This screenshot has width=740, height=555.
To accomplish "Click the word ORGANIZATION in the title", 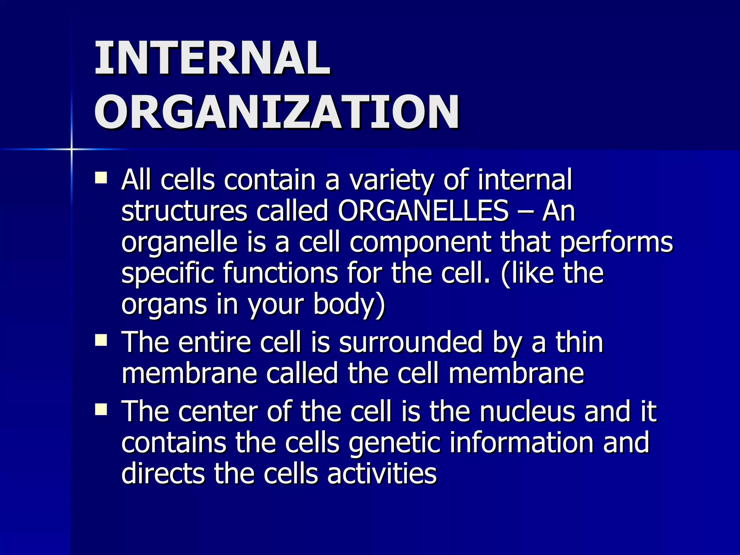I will click(277, 112).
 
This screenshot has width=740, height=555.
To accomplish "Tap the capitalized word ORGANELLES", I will click(423, 211).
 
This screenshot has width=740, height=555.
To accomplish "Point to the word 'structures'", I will click(184, 211).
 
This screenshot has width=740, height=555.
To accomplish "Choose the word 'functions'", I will click(280, 273).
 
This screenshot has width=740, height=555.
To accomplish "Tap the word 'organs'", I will click(164, 305).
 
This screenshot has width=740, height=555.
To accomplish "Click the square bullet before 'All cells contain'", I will click(101, 178).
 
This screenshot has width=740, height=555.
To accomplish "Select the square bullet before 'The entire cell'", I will click(101, 340).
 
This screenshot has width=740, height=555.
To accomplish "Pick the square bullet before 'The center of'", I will click(101, 409).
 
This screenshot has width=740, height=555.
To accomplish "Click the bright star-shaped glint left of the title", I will click(72, 149).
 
